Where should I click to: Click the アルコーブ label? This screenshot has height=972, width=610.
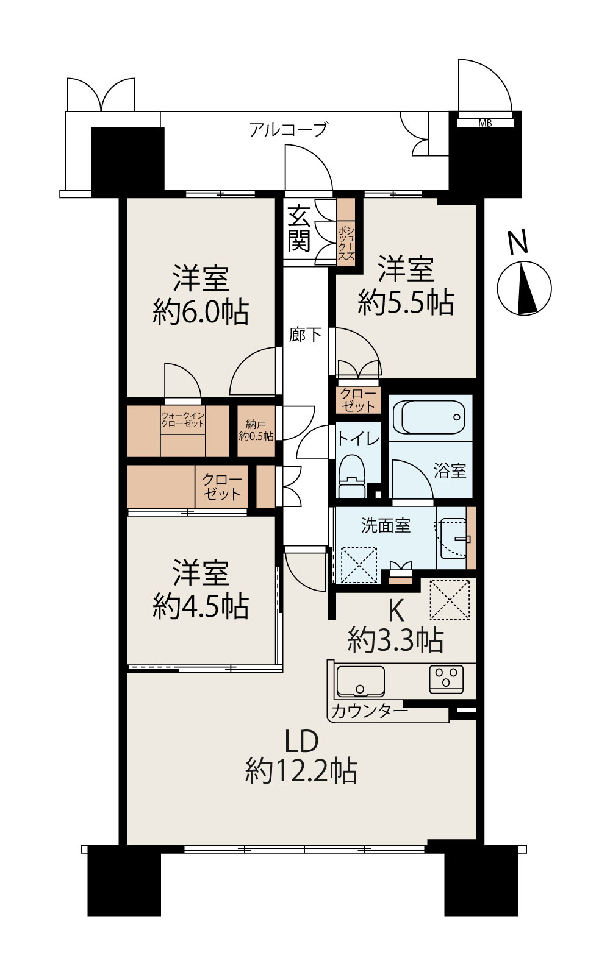point(289,130)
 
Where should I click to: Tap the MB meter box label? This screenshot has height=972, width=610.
point(485,123)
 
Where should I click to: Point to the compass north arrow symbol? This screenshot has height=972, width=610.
point(525,289)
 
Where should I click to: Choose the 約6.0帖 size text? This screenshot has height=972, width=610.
point(201,313)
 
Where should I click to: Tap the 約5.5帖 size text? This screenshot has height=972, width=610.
point(406,302)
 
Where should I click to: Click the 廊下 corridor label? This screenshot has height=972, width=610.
point(305,335)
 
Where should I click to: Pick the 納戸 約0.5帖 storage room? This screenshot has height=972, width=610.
point(256,431)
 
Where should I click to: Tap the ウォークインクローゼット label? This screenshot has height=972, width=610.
point(182,419)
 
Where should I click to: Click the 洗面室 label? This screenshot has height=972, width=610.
point(386,525)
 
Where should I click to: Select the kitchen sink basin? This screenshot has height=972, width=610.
point(361,681)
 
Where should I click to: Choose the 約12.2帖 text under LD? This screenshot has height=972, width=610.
point(301,771)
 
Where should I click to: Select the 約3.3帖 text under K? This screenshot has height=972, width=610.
point(395,640)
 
